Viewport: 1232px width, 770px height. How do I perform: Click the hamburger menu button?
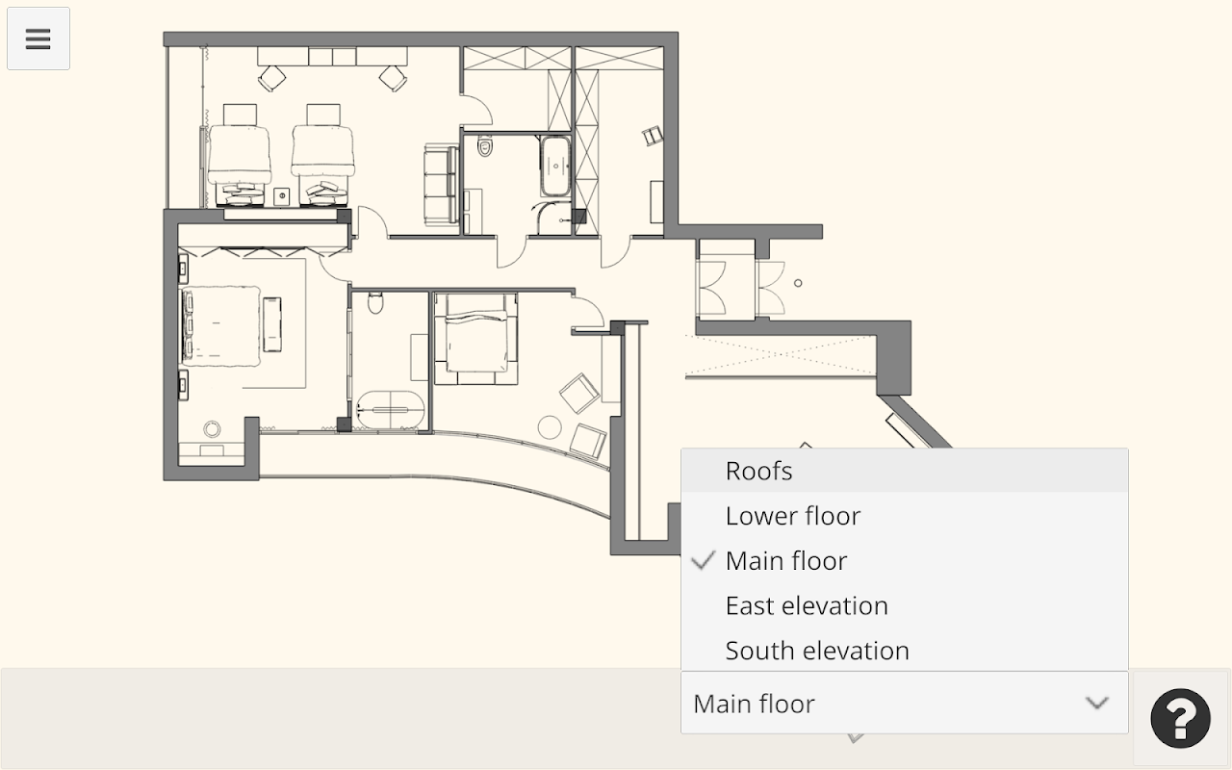[x=38, y=38]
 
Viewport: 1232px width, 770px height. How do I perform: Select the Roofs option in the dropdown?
[x=758, y=471]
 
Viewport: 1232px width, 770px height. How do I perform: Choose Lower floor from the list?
[x=792, y=516]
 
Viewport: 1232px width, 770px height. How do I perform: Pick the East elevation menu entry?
[x=807, y=605]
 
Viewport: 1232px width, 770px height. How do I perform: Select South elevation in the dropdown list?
[x=817, y=651]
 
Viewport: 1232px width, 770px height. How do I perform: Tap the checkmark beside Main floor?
[x=703, y=560]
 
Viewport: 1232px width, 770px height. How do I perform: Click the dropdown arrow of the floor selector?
[x=1096, y=703]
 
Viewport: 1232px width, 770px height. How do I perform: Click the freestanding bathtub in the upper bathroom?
[x=555, y=166]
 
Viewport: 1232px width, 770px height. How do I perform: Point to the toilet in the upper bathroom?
[x=484, y=145]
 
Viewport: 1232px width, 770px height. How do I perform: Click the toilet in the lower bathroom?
[x=375, y=302]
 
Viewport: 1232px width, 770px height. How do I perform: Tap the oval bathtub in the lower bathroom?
[x=390, y=409]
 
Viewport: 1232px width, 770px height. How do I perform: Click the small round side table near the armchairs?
[x=549, y=427]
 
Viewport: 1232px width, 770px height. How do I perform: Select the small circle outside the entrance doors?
[x=798, y=283]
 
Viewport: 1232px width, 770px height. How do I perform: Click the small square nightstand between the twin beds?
[x=282, y=195]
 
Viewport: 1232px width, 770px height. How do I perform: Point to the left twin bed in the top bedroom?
[x=240, y=155]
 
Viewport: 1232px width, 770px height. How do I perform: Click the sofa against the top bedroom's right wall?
[x=441, y=184]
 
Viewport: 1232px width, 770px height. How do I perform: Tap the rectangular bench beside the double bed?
[x=271, y=324]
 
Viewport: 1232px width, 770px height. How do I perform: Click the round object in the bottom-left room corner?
[x=213, y=428]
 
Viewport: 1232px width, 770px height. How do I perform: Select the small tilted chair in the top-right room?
[x=653, y=136]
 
